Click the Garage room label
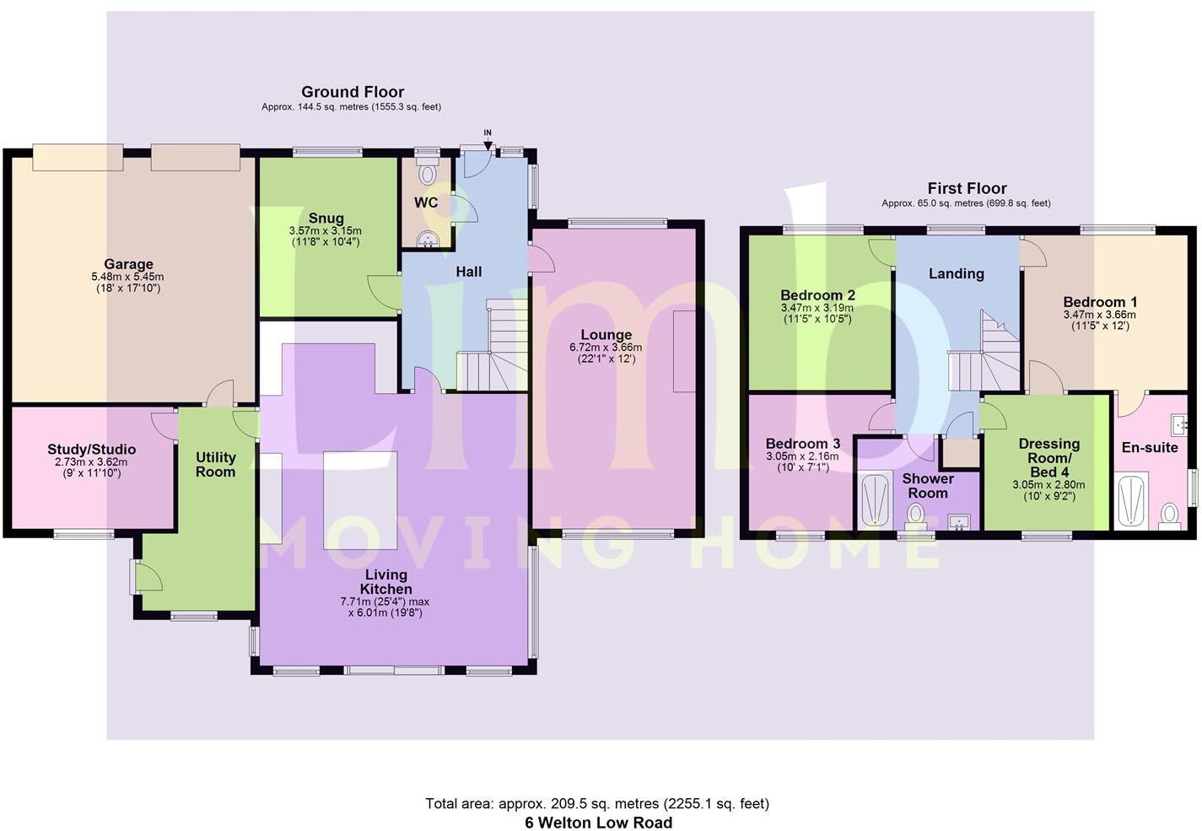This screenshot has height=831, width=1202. tap(128, 264)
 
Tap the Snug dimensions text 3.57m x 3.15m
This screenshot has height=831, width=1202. tap(325, 230)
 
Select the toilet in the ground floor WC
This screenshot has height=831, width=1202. tap(429, 174)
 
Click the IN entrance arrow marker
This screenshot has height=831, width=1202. tap(488, 144)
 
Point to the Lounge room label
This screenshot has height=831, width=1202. tap(606, 335)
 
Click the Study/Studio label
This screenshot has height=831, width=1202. tap(91, 450)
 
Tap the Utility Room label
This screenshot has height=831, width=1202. tap(215, 465)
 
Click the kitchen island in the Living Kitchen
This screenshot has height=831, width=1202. tap(360, 488)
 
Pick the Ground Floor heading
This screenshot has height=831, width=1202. tap(353, 92)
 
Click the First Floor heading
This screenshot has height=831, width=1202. tap(967, 188)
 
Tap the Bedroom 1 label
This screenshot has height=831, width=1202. tap(1100, 302)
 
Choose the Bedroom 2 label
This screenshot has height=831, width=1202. tap(817, 294)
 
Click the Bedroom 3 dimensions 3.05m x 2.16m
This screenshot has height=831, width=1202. tap(801, 456)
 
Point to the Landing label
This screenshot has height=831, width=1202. tap(956, 273)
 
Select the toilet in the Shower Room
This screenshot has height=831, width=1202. tap(914, 514)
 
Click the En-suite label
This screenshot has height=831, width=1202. tap(1149, 447)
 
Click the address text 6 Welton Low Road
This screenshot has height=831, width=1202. tap(598, 823)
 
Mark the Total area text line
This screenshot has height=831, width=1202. tap(597, 803)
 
